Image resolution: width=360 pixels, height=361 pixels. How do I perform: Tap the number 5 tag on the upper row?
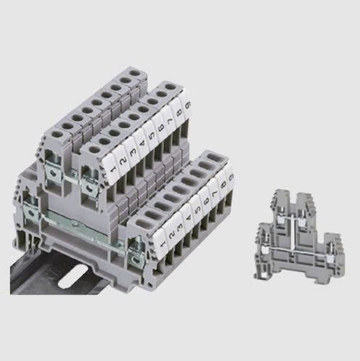pos(150,133)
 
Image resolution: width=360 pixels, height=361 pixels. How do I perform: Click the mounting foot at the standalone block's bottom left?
pos(261,273)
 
